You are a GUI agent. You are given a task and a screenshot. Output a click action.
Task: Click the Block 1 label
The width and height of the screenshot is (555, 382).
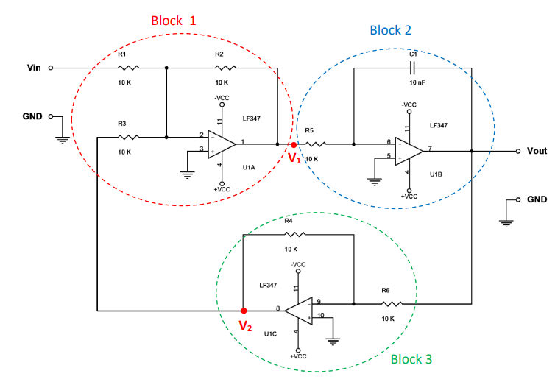click(x=174, y=21)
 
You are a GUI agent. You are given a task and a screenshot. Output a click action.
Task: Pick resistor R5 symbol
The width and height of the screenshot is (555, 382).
click(x=315, y=144)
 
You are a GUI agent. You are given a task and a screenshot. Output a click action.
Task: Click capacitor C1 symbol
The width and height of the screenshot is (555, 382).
click(x=412, y=68)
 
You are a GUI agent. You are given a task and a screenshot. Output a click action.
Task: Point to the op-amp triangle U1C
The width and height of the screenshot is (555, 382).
click(x=300, y=310)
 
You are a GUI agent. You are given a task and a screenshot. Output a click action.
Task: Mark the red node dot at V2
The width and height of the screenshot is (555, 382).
click(x=244, y=311)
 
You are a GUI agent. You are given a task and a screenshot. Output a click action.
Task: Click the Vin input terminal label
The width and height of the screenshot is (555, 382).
click(x=34, y=68)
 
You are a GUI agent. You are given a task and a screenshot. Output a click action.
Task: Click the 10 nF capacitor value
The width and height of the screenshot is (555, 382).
click(x=417, y=83)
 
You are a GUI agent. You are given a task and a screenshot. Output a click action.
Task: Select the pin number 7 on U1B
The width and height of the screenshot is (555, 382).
click(x=429, y=147)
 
